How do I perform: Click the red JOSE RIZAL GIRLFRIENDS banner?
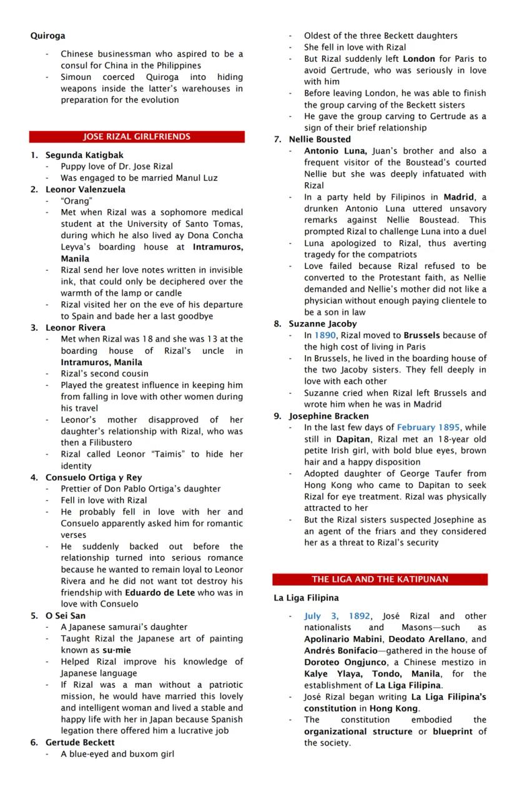[137, 137]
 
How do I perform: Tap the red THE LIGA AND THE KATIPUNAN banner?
[380, 579]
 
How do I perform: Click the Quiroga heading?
[47, 36]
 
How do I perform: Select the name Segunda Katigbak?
[84, 155]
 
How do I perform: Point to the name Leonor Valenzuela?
[86, 189]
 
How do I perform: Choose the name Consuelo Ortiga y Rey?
[94, 477]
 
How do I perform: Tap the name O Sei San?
[66, 615]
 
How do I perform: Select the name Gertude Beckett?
[80, 742]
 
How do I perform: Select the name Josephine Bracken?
[328, 416]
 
